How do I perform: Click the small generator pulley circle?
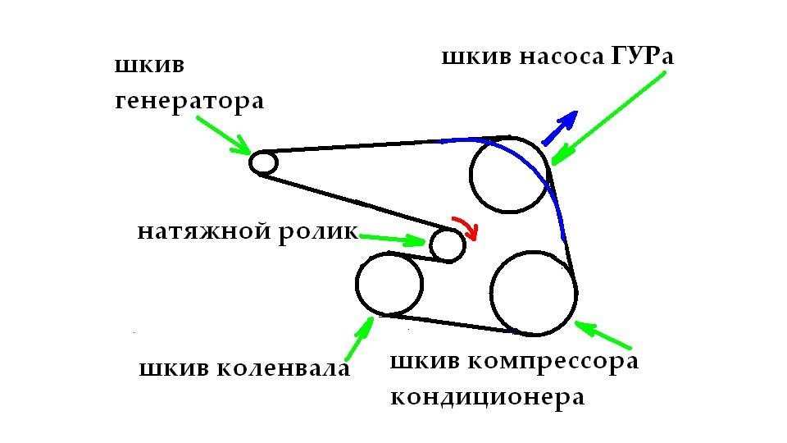(x=263, y=162)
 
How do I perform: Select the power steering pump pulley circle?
(x=509, y=175)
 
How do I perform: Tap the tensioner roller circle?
(x=448, y=244)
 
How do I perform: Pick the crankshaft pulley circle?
(x=389, y=284)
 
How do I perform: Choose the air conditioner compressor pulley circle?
(x=534, y=293)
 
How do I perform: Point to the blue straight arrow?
(x=562, y=126)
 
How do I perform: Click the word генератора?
(x=189, y=103)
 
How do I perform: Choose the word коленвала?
(x=284, y=369)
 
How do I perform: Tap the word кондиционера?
(x=487, y=398)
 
